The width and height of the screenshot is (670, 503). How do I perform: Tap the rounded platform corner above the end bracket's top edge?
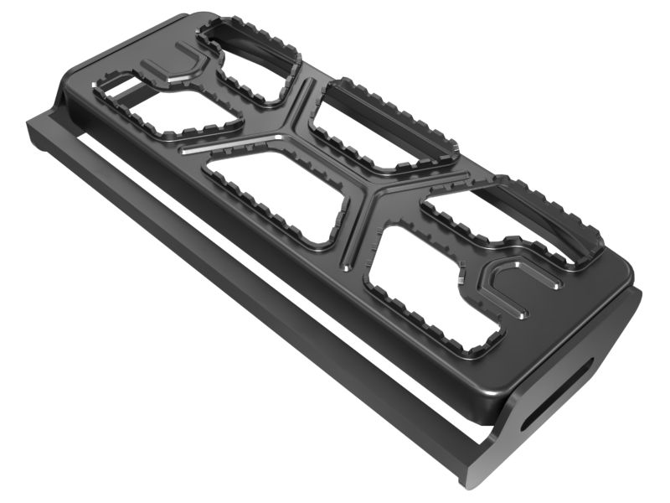pyautogui.click(x=624, y=272)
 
